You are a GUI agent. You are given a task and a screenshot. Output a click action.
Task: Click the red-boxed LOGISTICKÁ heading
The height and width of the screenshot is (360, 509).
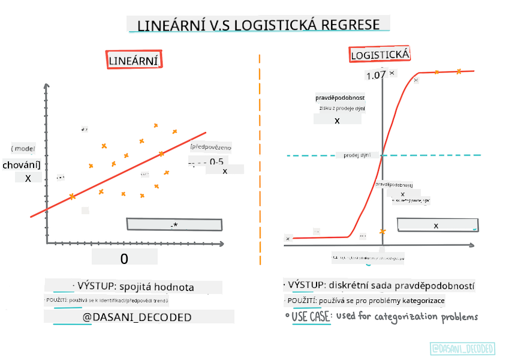380,55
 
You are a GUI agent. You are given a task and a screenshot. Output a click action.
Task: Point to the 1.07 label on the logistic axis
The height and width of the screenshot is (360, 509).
376,76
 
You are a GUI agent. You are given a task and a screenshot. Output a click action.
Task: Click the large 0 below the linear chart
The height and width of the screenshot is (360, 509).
124,259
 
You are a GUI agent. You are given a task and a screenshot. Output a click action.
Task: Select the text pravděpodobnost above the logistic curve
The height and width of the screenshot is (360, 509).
340,98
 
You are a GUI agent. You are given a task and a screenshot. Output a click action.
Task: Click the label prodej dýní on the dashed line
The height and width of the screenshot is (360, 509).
357,155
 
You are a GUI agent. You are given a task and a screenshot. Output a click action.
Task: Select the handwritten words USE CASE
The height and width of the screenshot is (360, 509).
311,316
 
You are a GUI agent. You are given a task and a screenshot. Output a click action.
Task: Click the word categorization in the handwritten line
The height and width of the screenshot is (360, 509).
402,316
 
